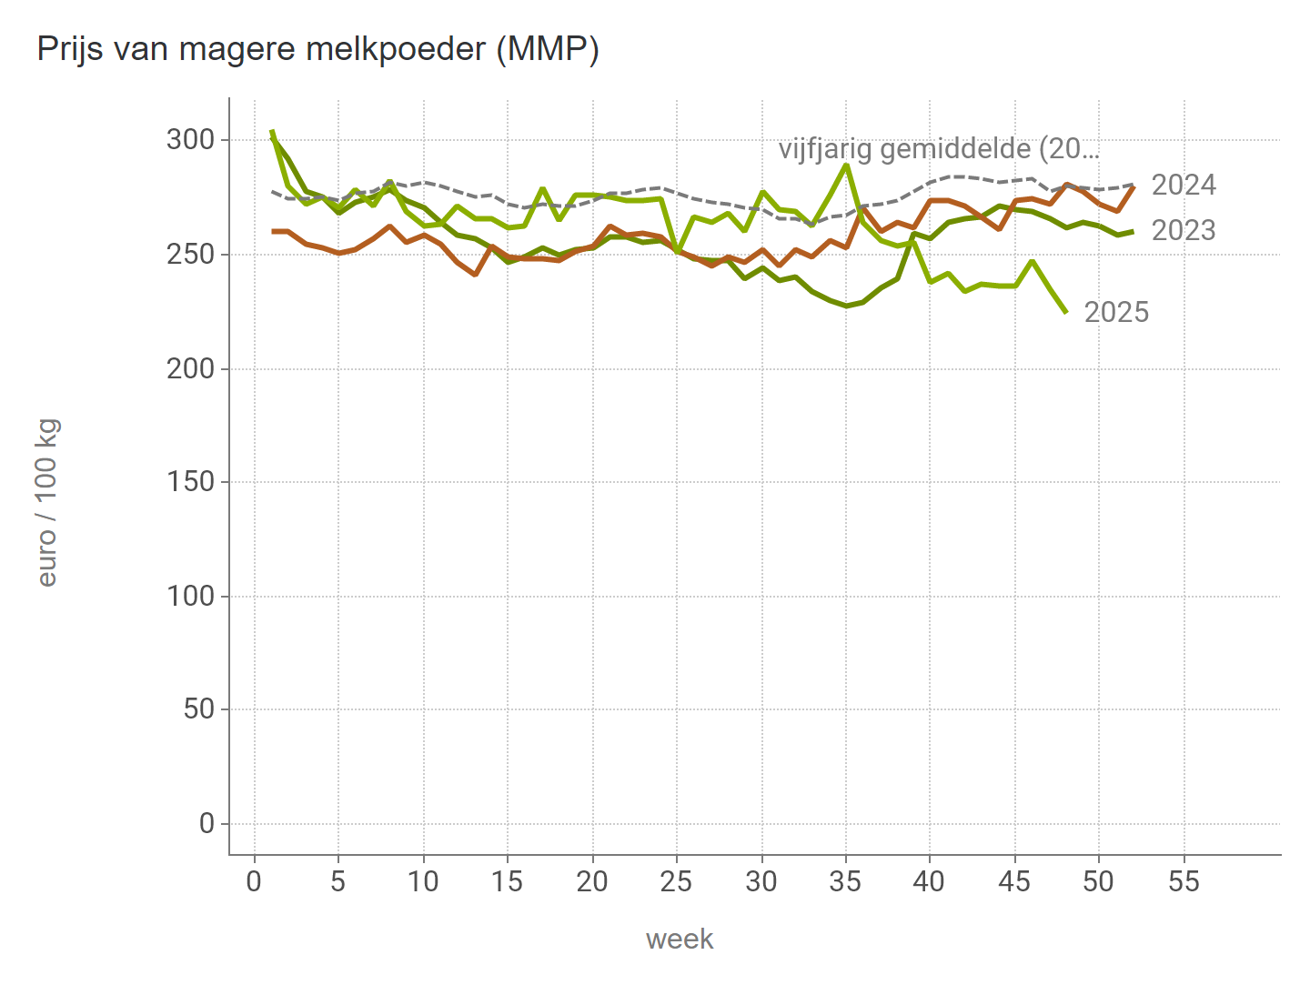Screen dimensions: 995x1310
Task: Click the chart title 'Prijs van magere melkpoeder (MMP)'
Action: (x=317, y=49)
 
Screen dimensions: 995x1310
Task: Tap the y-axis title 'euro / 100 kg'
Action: (x=47, y=502)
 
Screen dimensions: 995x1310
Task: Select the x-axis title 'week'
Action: (x=680, y=939)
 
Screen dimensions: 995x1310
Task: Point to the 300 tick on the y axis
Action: (x=190, y=140)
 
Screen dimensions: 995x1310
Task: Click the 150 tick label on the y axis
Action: (x=190, y=482)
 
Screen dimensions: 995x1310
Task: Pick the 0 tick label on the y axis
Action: (x=207, y=824)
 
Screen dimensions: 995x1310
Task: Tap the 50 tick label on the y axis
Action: (x=198, y=709)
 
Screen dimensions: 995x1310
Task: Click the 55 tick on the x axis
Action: (x=1184, y=881)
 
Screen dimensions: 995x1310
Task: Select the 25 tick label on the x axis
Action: (x=676, y=881)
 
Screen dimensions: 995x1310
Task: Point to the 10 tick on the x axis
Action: (x=423, y=881)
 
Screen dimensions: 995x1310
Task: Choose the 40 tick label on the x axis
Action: (x=930, y=881)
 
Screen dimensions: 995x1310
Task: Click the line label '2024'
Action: (x=1184, y=186)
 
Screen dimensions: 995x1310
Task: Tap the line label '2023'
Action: (x=1184, y=231)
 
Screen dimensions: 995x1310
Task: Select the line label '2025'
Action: (x=1117, y=313)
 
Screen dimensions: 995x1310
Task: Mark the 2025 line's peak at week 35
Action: (x=846, y=165)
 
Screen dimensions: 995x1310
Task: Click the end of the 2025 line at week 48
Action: (x=1065, y=312)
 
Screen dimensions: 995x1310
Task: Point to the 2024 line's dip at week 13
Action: (x=475, y=274)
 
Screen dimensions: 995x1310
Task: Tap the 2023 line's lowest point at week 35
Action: (x=846, y=306)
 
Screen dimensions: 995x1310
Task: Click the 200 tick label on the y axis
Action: (x=190, y=368)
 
